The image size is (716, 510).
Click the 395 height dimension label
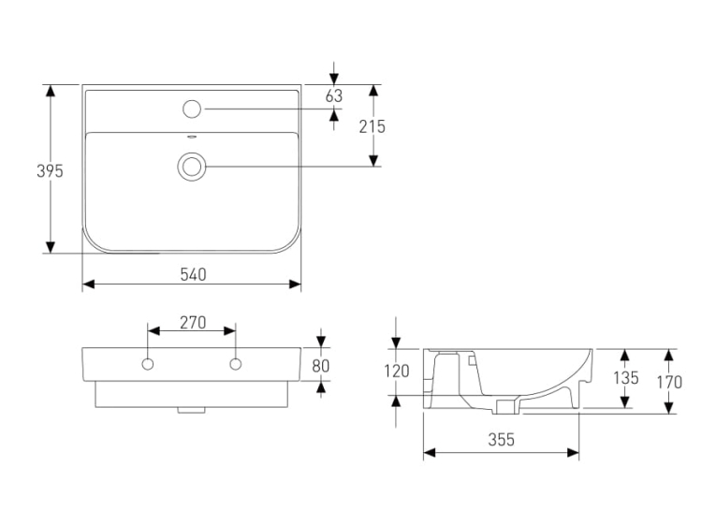pos(50,171)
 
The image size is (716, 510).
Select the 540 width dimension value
pos(193,275)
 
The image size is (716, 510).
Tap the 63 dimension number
pos(334,95)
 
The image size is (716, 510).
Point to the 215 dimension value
pos(373,126)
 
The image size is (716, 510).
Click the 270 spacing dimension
pos(193,323)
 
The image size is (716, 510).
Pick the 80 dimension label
pos(321,366)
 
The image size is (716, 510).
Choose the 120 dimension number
pos(396,372)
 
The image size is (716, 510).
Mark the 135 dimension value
pos(625,378)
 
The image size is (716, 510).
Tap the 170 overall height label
pos(669,382)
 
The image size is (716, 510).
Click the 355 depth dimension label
pos(501,440)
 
